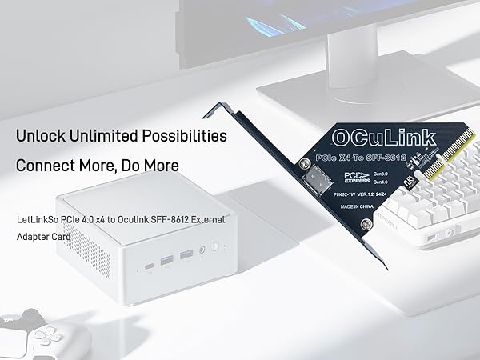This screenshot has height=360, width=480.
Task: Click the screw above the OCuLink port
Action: (305, 164)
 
